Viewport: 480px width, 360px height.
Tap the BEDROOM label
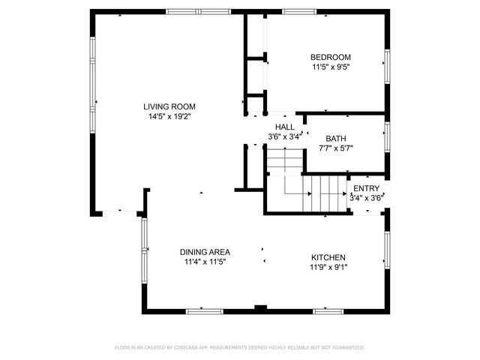tap(331, 57)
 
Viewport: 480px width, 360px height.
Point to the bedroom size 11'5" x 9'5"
tap(331, 67)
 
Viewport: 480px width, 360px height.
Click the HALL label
tap(285, 127)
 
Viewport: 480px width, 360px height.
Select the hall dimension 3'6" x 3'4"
tap(285, 137)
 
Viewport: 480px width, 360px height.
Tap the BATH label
tap(335, 138)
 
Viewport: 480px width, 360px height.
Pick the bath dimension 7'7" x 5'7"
tap(335, 148)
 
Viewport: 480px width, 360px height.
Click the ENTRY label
tap(367, 188)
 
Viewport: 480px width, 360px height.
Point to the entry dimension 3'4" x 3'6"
tap(367, 198)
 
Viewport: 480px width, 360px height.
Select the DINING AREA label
tap(205, 252)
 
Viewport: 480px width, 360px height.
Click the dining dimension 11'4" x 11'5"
tap(205, 262)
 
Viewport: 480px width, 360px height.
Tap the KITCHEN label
tap(328, 256)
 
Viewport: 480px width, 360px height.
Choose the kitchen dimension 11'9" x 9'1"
tap(328, 267)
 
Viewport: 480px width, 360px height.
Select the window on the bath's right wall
tap(388, 136)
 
